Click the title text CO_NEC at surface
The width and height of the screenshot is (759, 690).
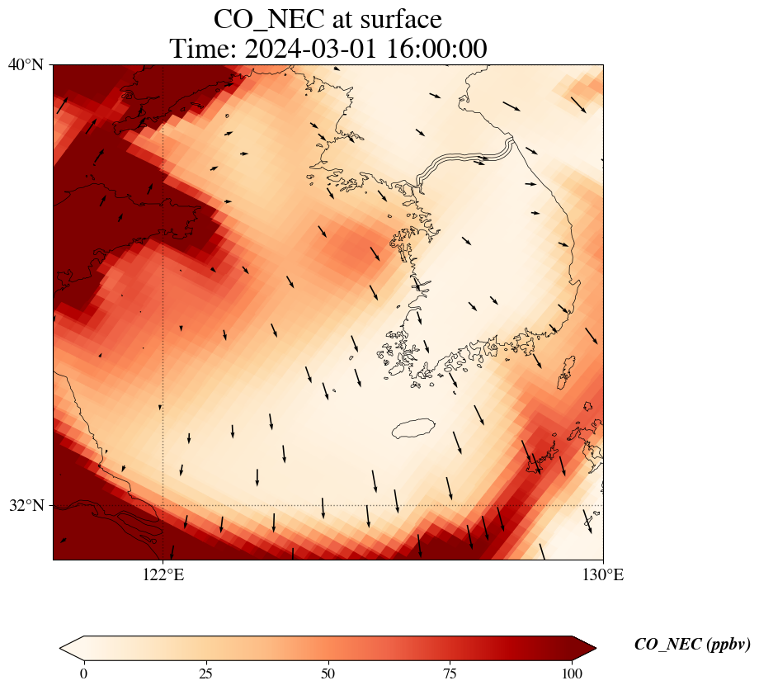(x=328, y=20)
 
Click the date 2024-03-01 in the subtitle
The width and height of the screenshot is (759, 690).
(x=311, y=49)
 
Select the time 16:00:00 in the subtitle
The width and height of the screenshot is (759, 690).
(x=437, y=49)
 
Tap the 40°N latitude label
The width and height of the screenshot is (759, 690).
(x=26, y=64)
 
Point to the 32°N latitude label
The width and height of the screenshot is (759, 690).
(x=26, y=505)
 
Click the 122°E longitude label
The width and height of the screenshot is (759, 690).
(x=163, y=574)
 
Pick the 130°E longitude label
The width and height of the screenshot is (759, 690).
(x=602, y=574)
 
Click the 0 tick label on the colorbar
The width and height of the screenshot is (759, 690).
(x=84, y=673)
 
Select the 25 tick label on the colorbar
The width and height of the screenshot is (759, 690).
(x=206, y=673)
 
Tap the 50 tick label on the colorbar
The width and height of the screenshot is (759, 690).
(x=328, y=673)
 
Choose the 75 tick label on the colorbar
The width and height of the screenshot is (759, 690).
(x=450, y=673)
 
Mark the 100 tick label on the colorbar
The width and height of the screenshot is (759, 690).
(x=573, y=673)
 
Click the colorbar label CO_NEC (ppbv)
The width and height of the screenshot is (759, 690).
(x=692, y=644)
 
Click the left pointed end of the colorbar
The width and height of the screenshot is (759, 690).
(x=60, y=648)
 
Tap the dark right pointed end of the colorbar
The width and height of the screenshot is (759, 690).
(x=596, y=648)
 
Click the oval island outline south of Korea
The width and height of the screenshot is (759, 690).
(x=414, y=428)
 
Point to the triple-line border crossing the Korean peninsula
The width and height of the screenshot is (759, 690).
(x=464, y=159)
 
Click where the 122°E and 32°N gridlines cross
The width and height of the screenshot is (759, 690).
(x=163, y=505)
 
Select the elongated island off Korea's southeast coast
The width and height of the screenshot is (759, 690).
(x=566, y=372)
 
